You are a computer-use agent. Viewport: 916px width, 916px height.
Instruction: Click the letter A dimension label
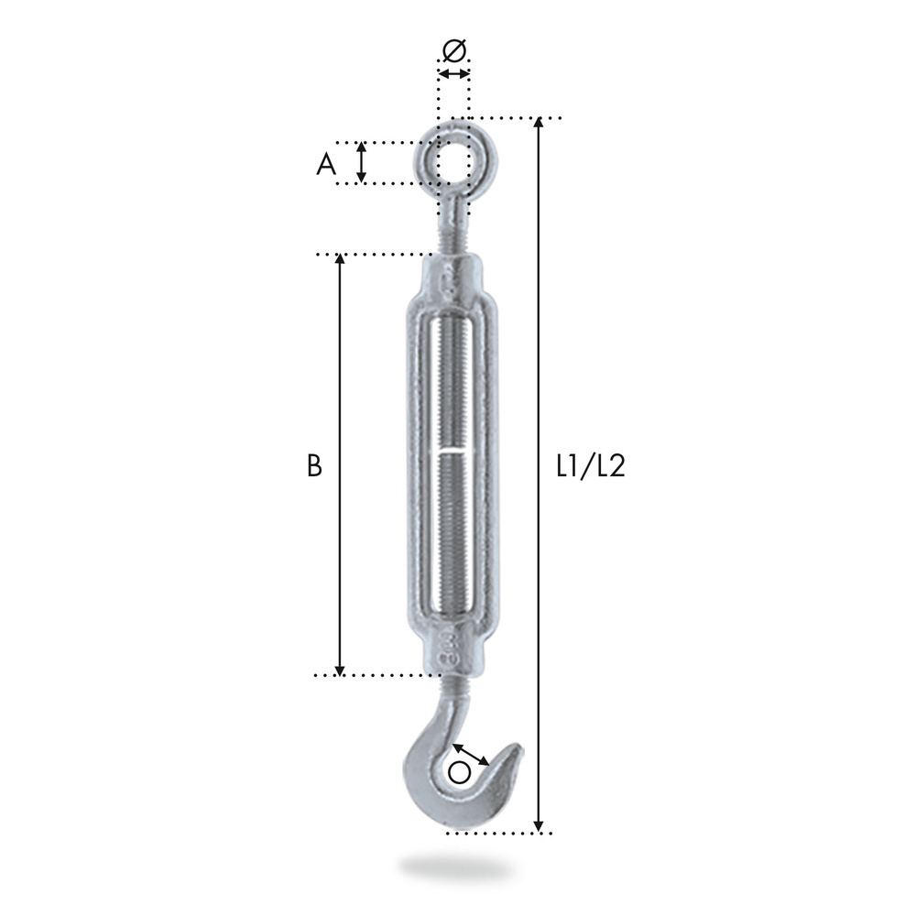pyautogui.click(x=326, y=164)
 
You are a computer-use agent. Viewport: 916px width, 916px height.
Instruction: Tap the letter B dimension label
pyautogui.click(x=314, y=466)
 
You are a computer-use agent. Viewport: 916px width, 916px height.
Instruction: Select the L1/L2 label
pyautogui.click(x=591, y=466)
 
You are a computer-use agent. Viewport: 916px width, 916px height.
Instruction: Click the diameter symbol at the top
pyautogui.click(x=454, y=50)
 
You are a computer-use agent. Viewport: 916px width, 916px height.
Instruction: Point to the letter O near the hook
pyautogui.click(x=459, y=772)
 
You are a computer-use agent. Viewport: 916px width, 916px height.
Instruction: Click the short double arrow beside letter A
pyautogui.click(x=362, y=162)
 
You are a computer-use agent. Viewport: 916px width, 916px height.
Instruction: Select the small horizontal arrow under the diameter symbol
pyautogui.click(x=454, y=73)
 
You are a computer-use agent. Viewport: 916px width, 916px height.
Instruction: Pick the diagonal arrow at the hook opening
pyautogui.click(x=471, y=754)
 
